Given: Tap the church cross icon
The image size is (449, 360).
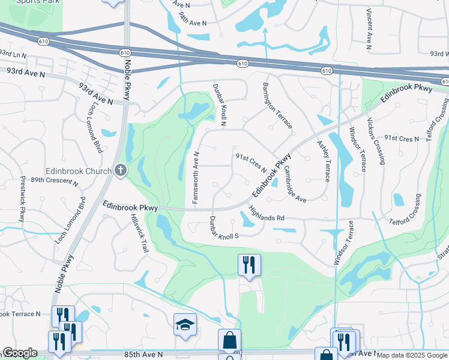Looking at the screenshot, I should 121,171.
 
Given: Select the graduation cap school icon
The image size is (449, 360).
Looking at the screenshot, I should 185,325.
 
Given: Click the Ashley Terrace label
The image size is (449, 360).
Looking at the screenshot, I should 323,161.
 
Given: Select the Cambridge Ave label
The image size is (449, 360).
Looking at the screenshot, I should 295,184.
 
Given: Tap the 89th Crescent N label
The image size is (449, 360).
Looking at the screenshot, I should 55,182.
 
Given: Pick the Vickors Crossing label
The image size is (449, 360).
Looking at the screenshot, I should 377,140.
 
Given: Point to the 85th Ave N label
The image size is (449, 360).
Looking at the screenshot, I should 143,355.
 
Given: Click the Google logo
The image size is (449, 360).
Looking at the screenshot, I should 20,353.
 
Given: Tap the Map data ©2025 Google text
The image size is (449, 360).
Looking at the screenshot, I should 412,355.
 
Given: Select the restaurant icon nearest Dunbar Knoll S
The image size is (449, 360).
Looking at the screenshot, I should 249,264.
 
